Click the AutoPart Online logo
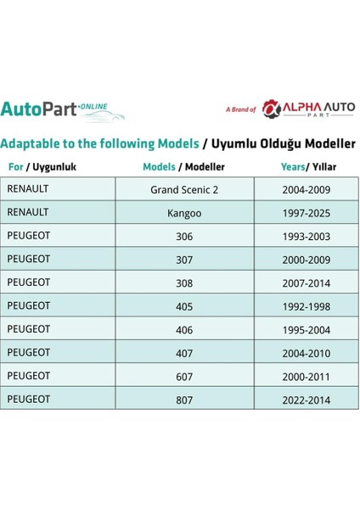pyautogui.click(x=63, y=110)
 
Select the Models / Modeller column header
pyautogui.click(x=183, y=167)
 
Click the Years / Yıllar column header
pyautogui.click(x=306, y=167)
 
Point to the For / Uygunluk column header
pyautogui.click(x=42, y=167)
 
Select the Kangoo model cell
pyautogui.click(x=183, y=212)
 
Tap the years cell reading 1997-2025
pyautogui.click(x=306, y=212)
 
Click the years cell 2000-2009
pyautogui.click(x=306, y=259)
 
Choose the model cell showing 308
pyautogui.click(x=183, y=282)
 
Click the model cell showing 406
pyautogui.click(x=183, y=328)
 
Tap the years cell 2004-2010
pyautogui.click(x=306, y=351)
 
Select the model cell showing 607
pyautogui.click(x=183, y=374)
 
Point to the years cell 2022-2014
pyautogui.click(x=306, y=398)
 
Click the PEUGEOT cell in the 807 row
pyautogui.click(x=31, y=398)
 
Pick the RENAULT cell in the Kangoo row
pyautogui.click(x=29, y=212)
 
